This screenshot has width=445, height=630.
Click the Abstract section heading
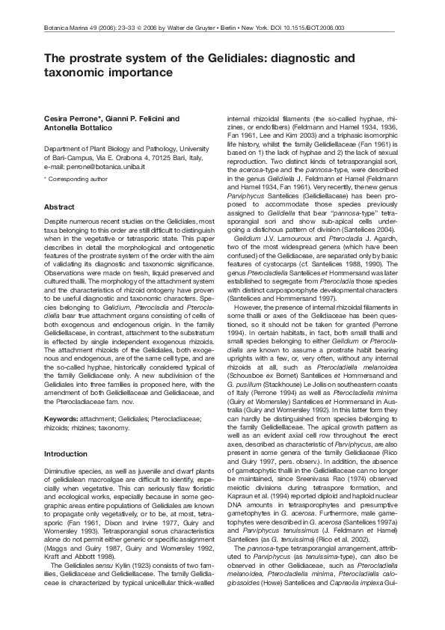(60, 206)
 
